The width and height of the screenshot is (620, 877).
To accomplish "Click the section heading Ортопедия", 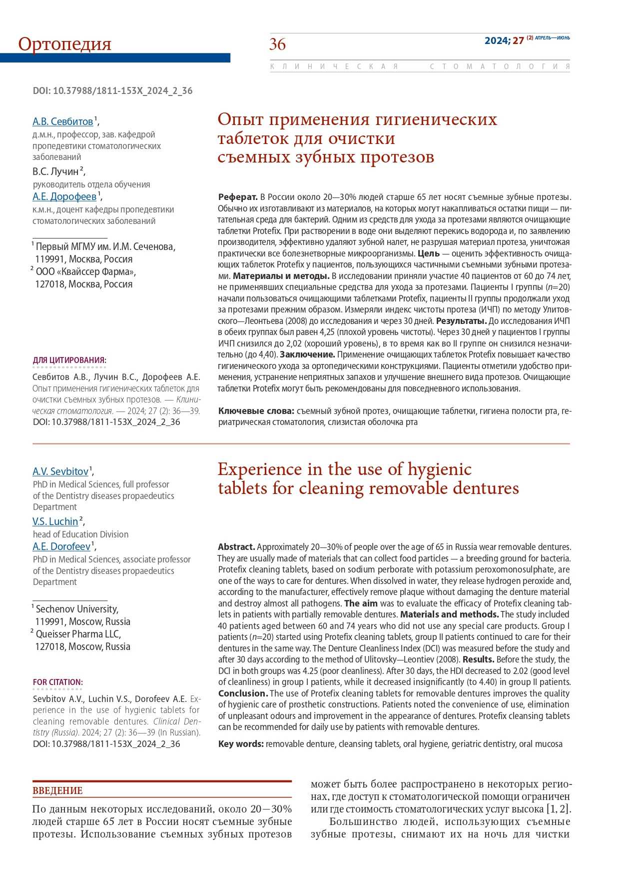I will (64, 44).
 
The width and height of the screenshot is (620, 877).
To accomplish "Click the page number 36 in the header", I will (277, 44).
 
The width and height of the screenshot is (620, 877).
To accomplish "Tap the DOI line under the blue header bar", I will (112, 90).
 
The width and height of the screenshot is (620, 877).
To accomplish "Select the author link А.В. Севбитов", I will (63, 121).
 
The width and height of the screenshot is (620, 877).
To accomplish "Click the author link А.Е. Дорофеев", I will (64, 196).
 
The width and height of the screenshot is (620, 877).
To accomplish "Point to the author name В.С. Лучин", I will (56, 171).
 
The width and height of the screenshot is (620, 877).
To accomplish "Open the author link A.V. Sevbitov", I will (60, 471).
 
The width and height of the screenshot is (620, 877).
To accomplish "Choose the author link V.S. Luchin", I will (55, 521).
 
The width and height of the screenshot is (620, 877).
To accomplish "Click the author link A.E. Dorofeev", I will (62, 546).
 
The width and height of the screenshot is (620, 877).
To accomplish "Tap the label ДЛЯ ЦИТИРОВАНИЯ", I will (69, 360).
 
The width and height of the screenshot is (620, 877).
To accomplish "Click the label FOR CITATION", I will (57, 682).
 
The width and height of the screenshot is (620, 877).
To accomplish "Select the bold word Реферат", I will (237, 197).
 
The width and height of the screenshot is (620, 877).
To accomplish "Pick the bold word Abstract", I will (236, 547).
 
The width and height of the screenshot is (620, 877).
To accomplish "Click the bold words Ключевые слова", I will (256, 411).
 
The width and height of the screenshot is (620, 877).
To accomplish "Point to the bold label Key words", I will (240, 744).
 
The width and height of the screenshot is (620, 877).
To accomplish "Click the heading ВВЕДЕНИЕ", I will (57, 790).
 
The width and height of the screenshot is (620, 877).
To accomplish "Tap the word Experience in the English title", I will (260, 469).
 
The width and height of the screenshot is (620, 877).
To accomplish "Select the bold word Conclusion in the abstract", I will (243, 693).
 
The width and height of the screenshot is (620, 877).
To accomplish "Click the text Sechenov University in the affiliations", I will (77, 609).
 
